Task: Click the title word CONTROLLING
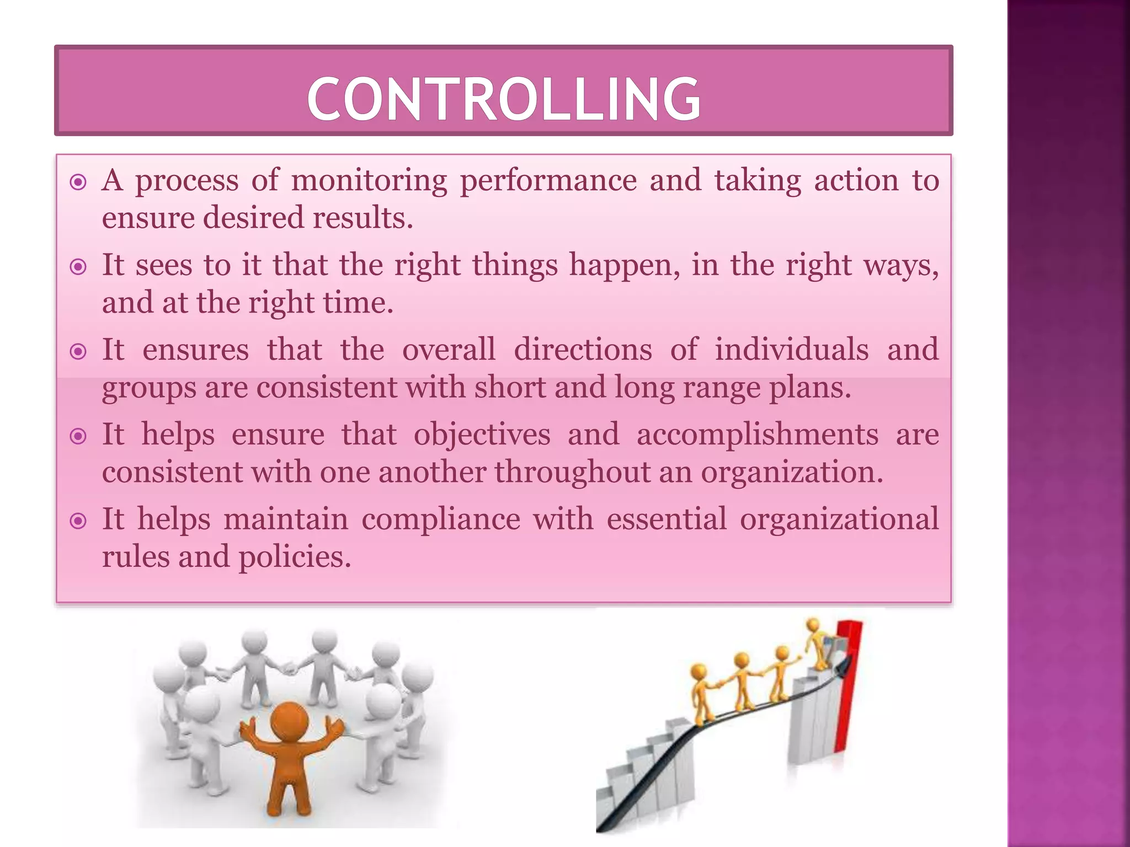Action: coord(503,99)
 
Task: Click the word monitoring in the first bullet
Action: coord(369,180)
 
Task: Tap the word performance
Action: coord(548,181)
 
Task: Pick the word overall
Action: coord(449,350)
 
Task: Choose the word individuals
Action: coord(792,350)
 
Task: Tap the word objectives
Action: coord(482,435)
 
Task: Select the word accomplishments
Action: coord(757,435)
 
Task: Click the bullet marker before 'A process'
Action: coord(79,182)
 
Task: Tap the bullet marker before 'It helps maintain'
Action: coord(79,521)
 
